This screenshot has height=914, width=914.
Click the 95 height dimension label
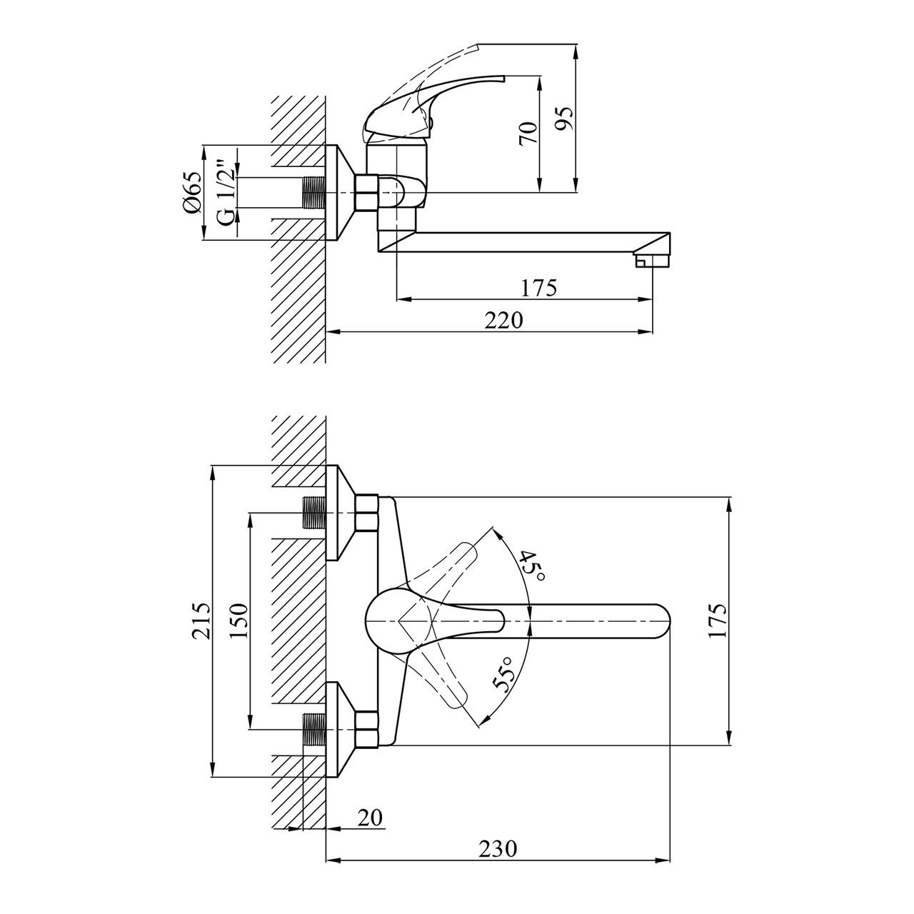click(x=564, y=118)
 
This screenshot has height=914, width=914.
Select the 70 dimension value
click(x=528, y=134)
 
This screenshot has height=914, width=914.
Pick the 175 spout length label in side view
click(x=539, y=288)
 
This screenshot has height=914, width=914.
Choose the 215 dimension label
click(x=201, y=621)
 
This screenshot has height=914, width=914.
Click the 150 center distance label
click(x=239, y=621)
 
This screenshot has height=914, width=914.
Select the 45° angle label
click(x=532, y=566)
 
